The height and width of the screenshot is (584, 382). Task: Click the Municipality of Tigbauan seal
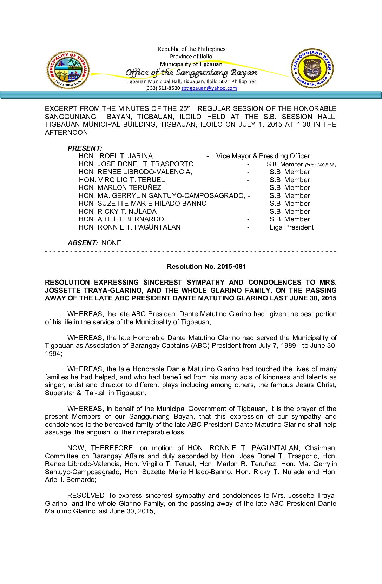pos(68,70)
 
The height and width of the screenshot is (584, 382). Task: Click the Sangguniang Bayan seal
pos(312,69)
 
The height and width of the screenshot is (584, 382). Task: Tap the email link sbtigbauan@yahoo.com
pos(209,88)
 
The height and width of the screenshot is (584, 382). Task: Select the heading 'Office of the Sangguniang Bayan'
pos(191,73)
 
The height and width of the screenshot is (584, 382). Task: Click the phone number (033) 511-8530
pos(163,88)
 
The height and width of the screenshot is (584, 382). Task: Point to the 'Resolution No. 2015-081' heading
pos(206,267)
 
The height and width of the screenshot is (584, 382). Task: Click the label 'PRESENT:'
pos(85,148)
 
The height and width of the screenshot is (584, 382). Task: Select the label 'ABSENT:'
pos(83,243)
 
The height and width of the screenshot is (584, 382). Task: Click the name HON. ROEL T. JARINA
pos(116,156)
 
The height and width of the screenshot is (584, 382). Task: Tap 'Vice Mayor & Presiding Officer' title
pos(263,156)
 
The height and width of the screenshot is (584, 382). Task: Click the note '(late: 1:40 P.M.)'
pos(320,165)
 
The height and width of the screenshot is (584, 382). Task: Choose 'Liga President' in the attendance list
pos(291,227)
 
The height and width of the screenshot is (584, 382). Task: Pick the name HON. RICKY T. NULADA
pos(117,212)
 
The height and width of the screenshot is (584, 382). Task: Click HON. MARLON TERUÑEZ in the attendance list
pos(120,188)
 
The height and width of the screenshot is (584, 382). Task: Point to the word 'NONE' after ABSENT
pos(111,243)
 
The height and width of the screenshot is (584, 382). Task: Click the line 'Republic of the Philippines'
pos(191,49)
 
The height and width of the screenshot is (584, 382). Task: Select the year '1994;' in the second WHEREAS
pos(53,354)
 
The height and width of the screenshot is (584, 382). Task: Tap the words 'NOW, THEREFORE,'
pos(100,448)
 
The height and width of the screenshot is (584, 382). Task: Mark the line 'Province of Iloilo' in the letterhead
pos(191,57)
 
